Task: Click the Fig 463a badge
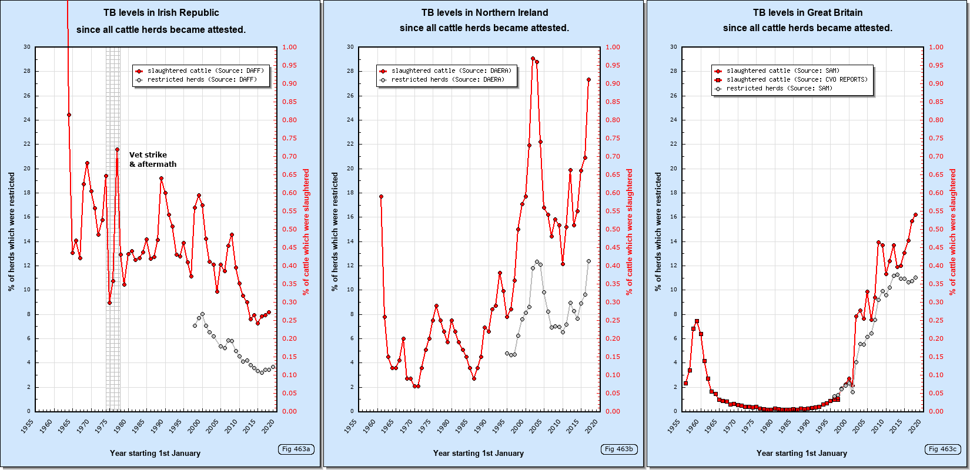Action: tap(296, 449)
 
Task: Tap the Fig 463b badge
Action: tap(619, 449)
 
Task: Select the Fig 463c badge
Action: tap(942, 449)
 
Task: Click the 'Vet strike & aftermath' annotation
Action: tap(152, 160)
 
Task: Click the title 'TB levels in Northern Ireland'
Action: tap(484, 12)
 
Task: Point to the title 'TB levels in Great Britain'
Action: tap(807, 12)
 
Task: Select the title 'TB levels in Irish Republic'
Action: tap(161, 12)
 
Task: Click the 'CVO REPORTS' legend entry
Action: tap(797, 79)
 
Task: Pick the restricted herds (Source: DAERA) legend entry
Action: tap(447, 79)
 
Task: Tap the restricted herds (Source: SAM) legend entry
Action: tap(779, 88)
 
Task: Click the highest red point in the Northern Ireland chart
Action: tap(533, 59)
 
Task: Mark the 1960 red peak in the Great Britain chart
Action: tap(697, 321)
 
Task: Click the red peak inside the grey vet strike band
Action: tap(117, 149)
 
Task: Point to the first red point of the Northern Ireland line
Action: tap(381, 197)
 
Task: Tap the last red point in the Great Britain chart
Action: tap(915, 214)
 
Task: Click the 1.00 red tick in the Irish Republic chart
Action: tap(289, 47)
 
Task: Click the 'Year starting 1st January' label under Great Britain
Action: tap(801, 453)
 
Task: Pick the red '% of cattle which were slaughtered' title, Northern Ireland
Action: tap(630, 232)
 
